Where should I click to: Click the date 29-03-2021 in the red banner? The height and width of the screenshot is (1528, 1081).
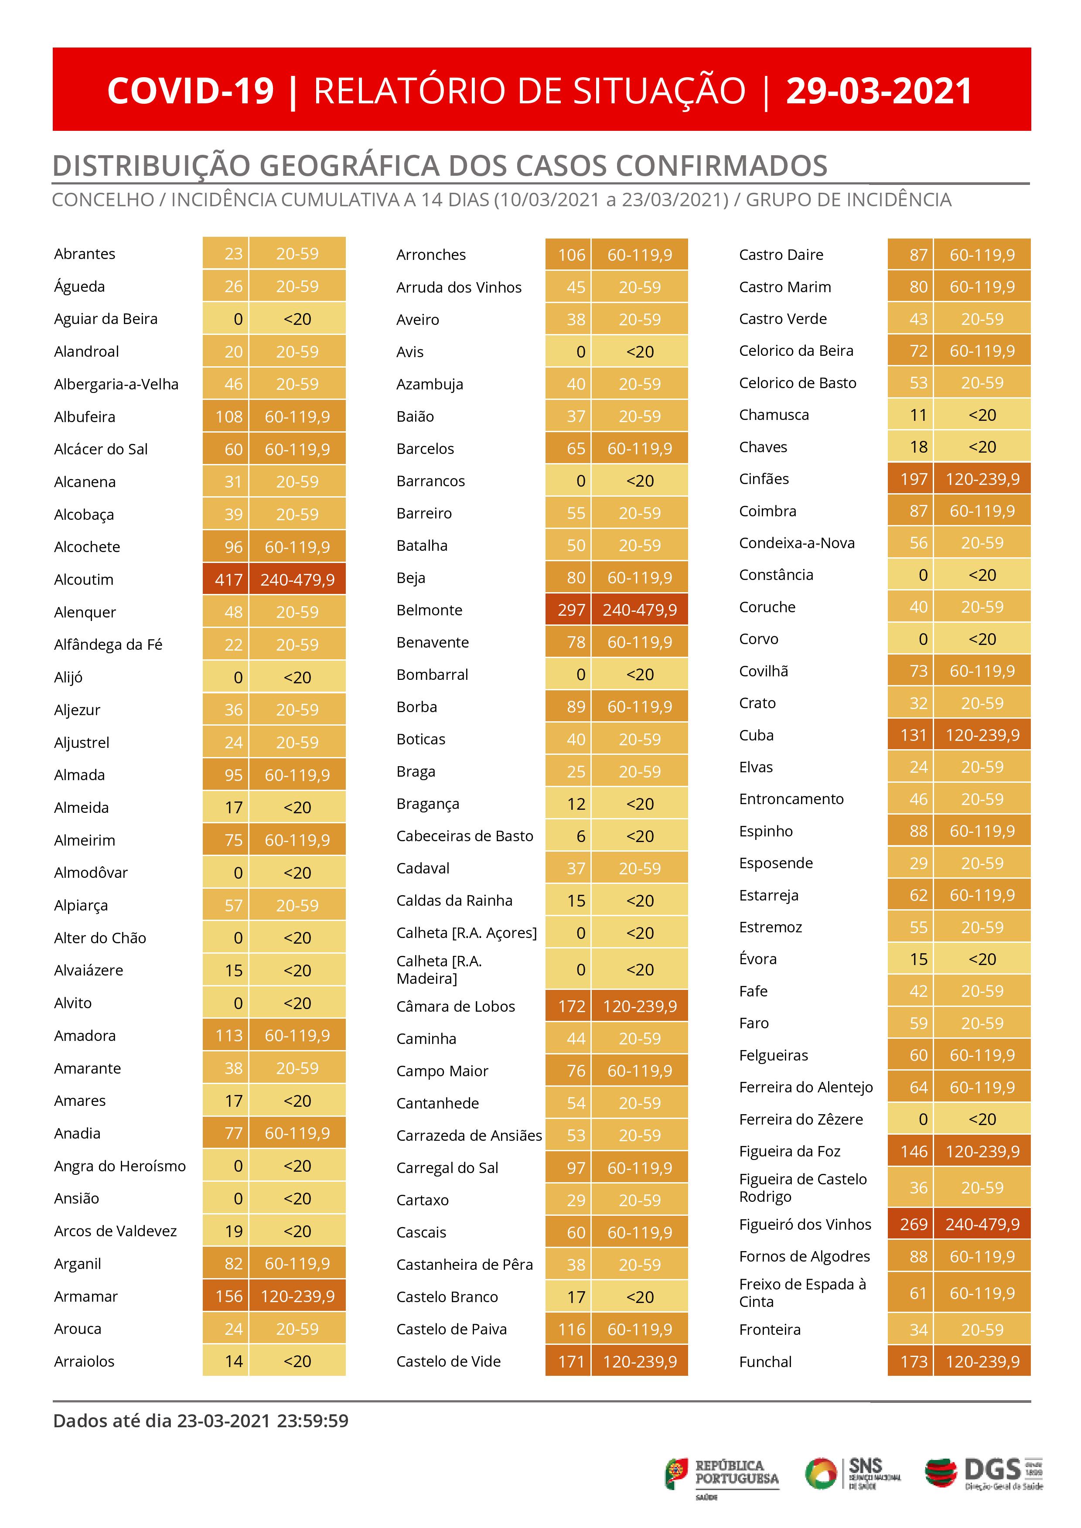click(x=879, y=91)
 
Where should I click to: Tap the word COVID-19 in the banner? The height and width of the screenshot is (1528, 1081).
click(x=191, y=91)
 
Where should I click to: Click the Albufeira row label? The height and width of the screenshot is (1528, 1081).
click(x=85, y=416)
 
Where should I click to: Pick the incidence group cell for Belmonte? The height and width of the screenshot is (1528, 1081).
click(x=640, y=610)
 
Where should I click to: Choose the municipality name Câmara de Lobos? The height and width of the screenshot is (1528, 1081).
click(x=455, y=1006)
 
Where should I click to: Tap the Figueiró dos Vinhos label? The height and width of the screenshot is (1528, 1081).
click(x=805, y=1224)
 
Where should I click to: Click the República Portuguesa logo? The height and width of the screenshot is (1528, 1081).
click(x=722, y=1474)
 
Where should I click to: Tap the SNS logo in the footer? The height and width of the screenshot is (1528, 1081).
click(x=853, y=1473)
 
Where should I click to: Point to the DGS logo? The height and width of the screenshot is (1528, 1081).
click(x=984, y=1473)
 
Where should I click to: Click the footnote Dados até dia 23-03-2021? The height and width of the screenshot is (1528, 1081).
click(x=200, y=1421)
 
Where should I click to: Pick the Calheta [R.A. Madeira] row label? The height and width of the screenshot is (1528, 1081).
click(x=439, y=970)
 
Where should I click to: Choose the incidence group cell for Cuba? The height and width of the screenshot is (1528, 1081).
click(x=982, y=735)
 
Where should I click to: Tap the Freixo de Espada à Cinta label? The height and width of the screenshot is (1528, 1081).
click(x=802, y=1293)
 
